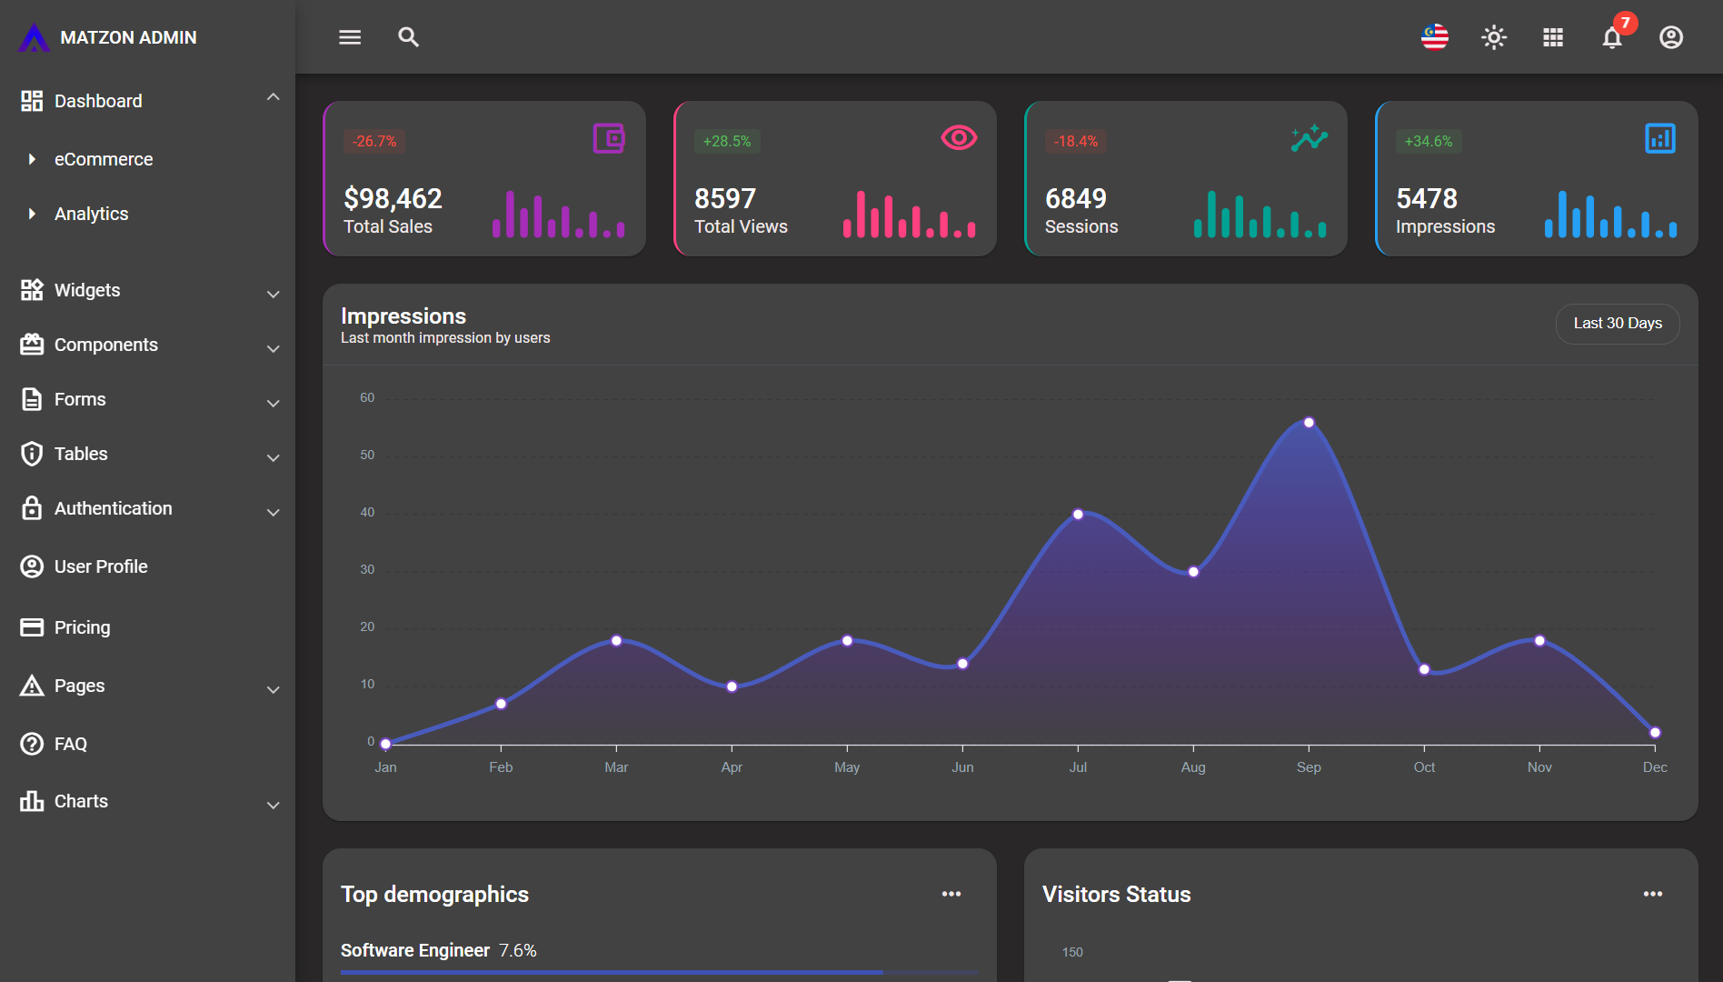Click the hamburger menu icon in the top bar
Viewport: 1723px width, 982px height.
coord(350,37)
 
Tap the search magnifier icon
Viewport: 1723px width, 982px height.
coord(408,37)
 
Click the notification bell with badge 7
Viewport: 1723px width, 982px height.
coord(1612,37)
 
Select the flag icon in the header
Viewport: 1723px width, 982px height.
coord(1435,37)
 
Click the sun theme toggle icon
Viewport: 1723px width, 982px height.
coord(1494,37)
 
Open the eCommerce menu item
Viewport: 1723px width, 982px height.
coord(104,159)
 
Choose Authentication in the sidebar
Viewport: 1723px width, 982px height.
coord(113,508)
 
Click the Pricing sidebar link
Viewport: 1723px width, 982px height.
coord(82,627)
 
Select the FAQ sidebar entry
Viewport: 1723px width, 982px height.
coord(71,744)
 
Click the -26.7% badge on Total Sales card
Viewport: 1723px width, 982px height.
coord(374,141)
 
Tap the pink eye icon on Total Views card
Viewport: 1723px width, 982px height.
coord(959,137)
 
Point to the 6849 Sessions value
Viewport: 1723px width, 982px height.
coord(1076,198)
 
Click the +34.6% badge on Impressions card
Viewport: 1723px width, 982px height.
coord(1428,141)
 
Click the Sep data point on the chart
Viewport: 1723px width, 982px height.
coord(1309,423)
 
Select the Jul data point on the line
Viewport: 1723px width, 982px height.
coord(1078,515)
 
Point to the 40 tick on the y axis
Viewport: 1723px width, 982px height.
coord(367,512)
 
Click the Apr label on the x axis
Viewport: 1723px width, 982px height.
coord(732,767)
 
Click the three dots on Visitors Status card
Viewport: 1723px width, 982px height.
coord(1652,894)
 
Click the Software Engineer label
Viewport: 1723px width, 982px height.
coord(414,950)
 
